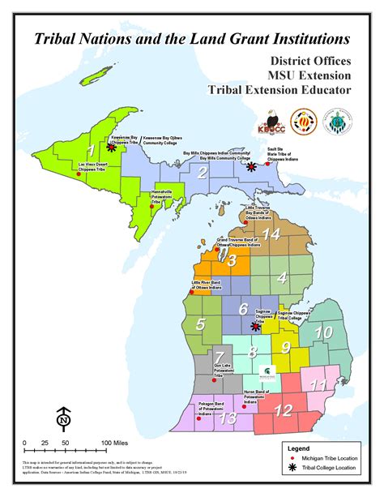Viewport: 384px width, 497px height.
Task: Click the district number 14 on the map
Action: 271,235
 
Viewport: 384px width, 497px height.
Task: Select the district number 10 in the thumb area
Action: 322,332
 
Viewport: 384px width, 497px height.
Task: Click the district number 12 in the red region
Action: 283,410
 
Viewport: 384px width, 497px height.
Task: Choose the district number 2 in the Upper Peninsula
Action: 204,173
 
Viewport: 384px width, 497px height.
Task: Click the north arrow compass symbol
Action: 63,420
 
